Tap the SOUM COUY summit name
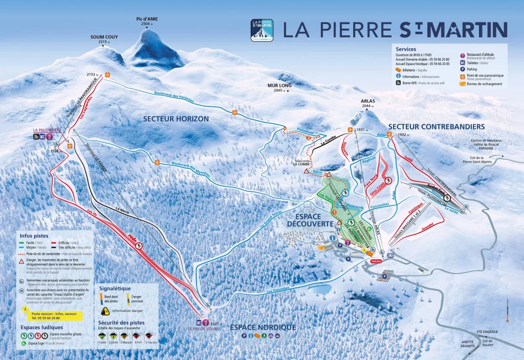(101, 37)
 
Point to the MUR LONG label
(278, 86)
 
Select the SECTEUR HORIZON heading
(176, 119)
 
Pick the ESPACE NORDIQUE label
(263, 327)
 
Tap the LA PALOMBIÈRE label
(47, 130)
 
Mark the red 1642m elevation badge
(376, 261)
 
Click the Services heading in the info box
(406, 49)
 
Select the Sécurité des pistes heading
(121, 323)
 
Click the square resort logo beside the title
(261, 30)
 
